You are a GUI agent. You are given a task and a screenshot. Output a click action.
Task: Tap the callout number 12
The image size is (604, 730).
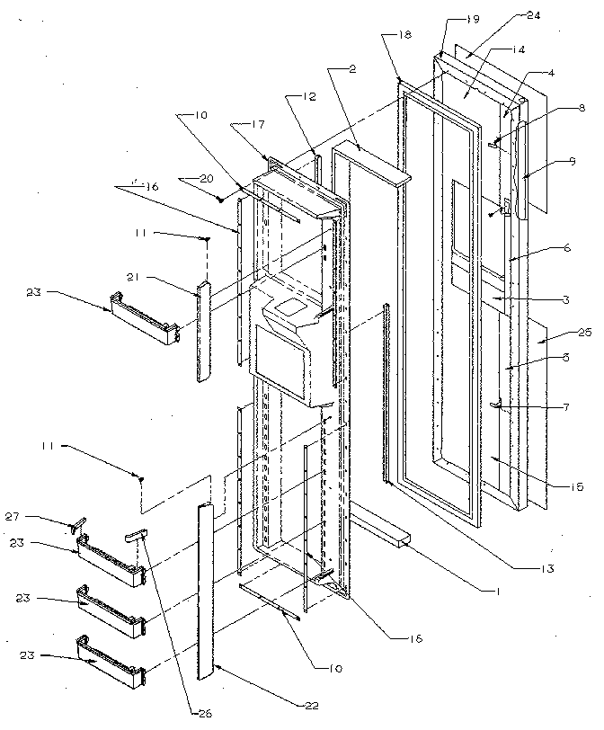tap(285, 97)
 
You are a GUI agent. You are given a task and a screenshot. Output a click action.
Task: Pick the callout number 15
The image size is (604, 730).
tap(575, 486)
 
